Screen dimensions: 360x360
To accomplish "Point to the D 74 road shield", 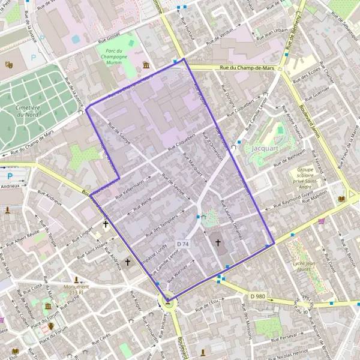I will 183,244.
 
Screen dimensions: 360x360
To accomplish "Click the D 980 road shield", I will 257,296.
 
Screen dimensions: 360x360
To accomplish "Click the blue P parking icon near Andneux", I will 10,176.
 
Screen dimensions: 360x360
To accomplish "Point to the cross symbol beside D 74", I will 218,243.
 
